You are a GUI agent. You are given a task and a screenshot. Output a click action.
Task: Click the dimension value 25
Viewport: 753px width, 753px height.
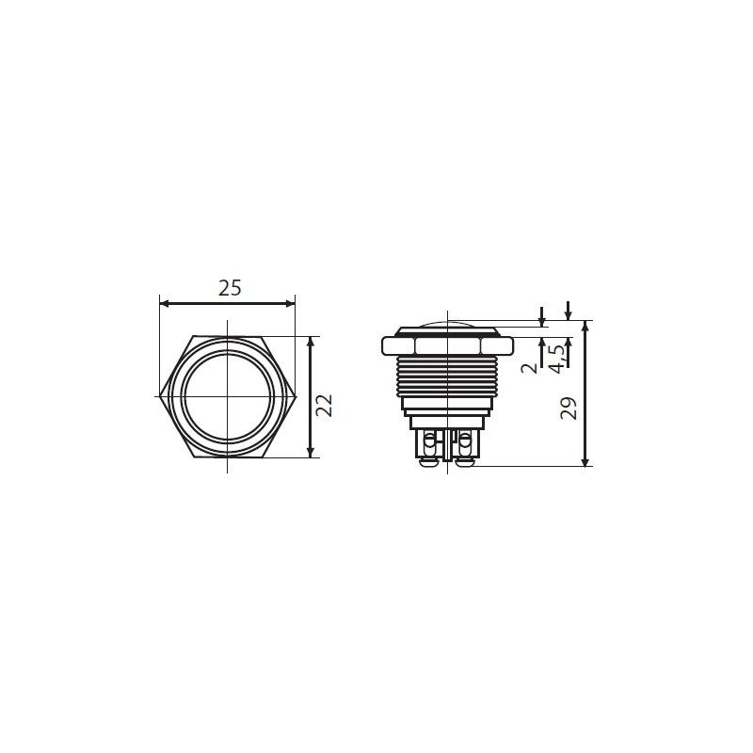(230, 288)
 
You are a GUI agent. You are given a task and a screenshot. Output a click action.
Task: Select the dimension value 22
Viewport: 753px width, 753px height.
(324, 406)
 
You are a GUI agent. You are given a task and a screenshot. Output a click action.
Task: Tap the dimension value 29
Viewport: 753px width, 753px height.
(569, 409)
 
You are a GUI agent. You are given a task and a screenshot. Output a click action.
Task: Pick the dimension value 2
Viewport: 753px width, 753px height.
(530, 368)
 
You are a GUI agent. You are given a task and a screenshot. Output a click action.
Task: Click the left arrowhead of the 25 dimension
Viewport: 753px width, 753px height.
(164, 303)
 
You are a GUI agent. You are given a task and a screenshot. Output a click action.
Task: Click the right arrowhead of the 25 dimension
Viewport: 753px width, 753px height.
(290, 303)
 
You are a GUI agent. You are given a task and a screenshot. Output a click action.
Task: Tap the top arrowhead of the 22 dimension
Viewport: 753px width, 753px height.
(311, 342)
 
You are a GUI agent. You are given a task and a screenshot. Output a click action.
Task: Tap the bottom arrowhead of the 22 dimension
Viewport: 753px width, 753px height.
(311, 453)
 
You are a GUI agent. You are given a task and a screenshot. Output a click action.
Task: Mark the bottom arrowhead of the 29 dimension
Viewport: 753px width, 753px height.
(585, 461)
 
